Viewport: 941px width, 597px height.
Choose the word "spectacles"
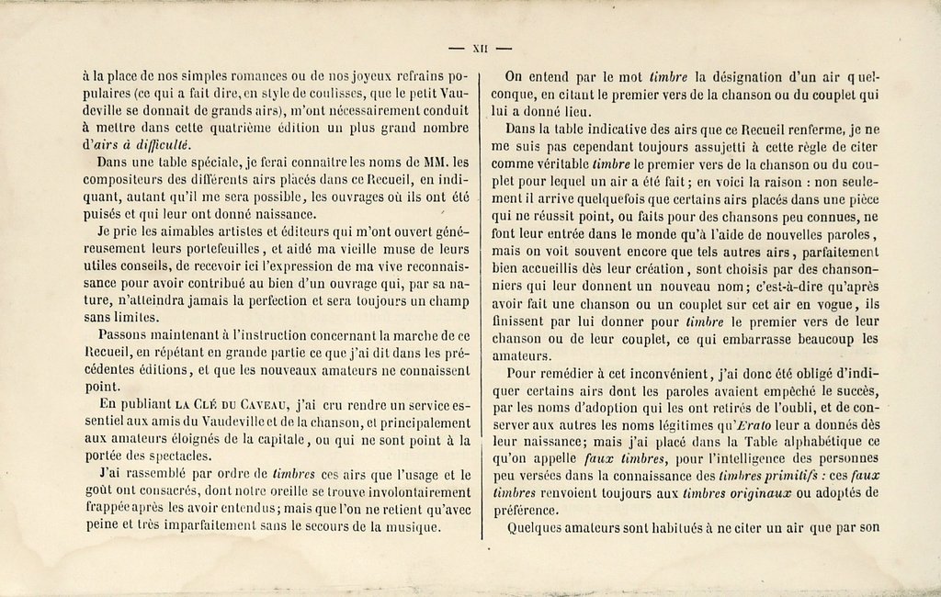click(x=180, y=456)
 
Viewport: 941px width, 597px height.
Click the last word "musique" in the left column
click(x=407, y=526)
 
